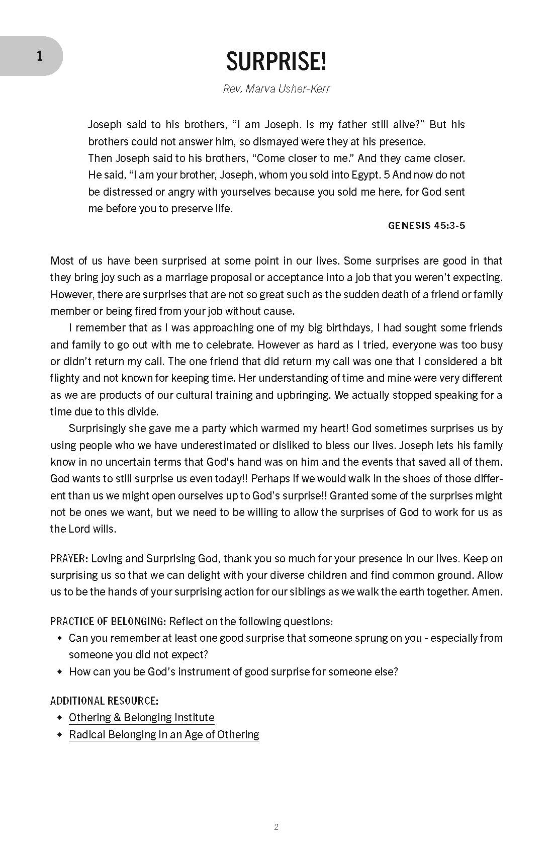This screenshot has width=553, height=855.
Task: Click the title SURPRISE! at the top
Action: pos(276,62)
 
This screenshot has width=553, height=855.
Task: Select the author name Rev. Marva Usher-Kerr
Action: pos(276,90)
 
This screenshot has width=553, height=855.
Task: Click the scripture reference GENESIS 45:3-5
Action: pos(426,225)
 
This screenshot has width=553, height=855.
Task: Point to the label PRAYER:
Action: pos(69,559)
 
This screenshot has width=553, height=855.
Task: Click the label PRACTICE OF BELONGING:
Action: pos(108,622)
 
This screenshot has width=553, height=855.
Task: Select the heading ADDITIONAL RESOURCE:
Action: pos(104,701)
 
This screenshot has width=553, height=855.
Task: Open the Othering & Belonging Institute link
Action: pos(141,718)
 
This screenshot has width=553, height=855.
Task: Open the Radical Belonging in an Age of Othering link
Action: pos(164,735)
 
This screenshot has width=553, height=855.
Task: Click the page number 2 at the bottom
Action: pos(276,827)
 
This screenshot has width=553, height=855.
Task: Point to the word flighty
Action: pos(67,378)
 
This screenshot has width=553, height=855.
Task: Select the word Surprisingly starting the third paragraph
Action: pos(99,429)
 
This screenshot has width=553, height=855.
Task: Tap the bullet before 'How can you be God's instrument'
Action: pos(60,672)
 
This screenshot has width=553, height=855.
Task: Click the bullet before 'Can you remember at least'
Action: pos(60,639)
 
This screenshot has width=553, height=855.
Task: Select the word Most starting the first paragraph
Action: pos(62,261)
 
